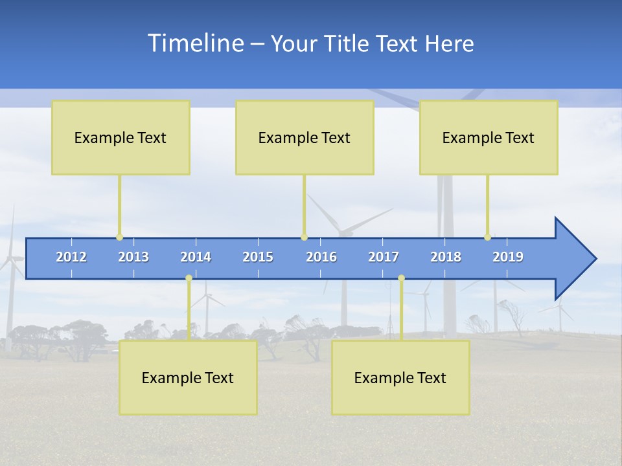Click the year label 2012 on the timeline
point(71,257)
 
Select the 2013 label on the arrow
point(133,257)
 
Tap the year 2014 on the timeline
point(196,257)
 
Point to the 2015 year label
point(258,257)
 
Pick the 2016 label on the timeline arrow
point(321,257)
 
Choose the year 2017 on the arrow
point(384,257)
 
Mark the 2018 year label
point(446,257)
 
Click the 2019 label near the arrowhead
point(508,257)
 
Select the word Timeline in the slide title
point(195,43)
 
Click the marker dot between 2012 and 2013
point(119,238)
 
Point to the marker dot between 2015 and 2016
point(304,238)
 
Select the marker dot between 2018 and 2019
point(488,238)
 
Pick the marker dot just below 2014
point(189,278)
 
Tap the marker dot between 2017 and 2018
point(401,278)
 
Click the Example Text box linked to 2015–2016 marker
point(305,137)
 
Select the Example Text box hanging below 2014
point(188,377)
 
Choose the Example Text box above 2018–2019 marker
point(489,137)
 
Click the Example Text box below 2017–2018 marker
point(400,377)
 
